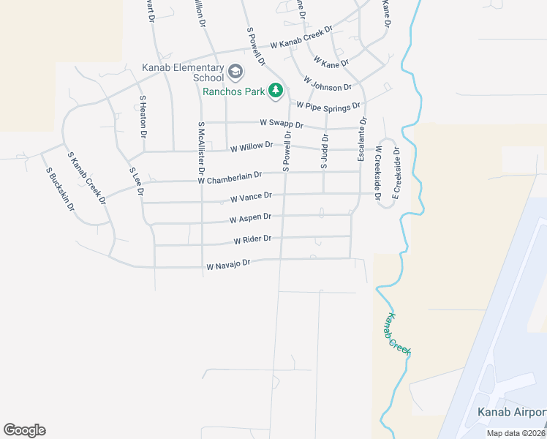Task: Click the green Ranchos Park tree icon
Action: pos(276,91)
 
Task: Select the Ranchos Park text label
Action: pos(234,92)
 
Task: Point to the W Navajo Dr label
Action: pos(228,264)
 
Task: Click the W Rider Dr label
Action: pos(252,240)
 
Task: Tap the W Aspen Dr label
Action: pos(250,218)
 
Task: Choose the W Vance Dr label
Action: pos(251,197)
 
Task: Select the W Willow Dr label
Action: pos(252,148)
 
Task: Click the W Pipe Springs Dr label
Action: pos(328,105)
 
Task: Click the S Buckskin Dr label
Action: pos(60,190)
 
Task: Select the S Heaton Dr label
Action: pos(143,116)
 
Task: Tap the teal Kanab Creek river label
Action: pos(399,335)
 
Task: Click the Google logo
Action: pos(25,430)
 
